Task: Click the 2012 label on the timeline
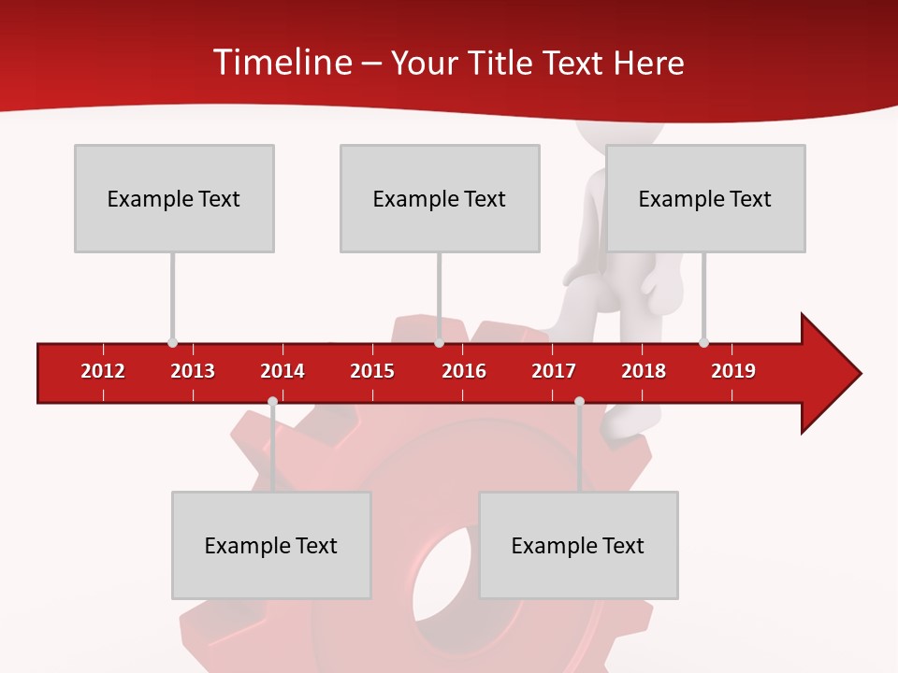click(103, 371)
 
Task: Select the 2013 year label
click(193, 371)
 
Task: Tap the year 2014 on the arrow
click(282, 371)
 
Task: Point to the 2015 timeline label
click(372, 371)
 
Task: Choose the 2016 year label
click(464, 371)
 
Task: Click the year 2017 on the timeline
click(554, 371)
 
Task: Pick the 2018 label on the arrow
click(644, 371)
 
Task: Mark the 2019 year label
click(733, 371)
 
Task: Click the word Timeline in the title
click(280, 63)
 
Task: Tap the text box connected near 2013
click(174, 198)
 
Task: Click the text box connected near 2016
click(440, 198)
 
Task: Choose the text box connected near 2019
click(705, 198)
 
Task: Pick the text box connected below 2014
click(271, 545)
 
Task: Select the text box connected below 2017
click(578, 545)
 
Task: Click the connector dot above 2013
click(172, 342)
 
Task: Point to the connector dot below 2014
click(272, 401)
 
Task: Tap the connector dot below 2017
click(579, 401)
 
